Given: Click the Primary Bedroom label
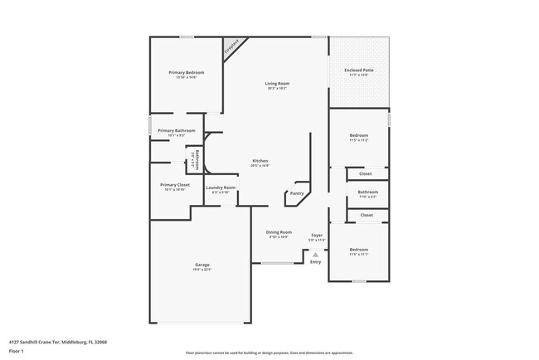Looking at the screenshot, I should tap(186, 72).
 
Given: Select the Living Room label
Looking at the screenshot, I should tap(277, 83).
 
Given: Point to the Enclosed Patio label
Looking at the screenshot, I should tap(359, 70).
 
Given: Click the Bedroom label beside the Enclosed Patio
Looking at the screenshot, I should tap(358, 134).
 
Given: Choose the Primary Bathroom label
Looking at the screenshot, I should tap(177, 130).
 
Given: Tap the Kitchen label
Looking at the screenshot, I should tap(260, 161).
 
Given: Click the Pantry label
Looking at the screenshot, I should tap(297, 195).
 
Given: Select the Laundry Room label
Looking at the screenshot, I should tap(221, 187).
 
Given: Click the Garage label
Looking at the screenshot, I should tap(202, 265).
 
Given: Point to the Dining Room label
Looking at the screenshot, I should tap(279, 231).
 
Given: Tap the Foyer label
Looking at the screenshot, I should tap(317, 235).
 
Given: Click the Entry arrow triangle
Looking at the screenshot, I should tap(315, 254).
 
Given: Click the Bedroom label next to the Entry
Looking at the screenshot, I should tap(358, 249).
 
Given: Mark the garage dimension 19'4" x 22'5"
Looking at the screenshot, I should tap(202, 270).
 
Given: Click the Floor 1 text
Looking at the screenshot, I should tap(17, 350).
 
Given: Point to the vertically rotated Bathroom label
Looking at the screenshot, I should tap(197, 157).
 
